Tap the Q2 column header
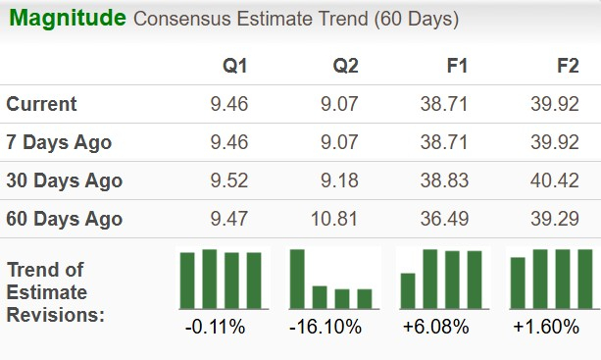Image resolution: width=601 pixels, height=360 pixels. click(x=345, y=66)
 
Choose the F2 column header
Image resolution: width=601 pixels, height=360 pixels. click(x=567, y=66)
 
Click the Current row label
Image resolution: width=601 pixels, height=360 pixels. click(x=41, y=104)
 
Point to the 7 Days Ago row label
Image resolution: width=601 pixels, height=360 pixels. click(x=59, y=142)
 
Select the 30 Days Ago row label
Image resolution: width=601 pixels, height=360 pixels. click(x=64, y=180)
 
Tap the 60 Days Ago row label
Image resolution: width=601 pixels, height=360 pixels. click(x=64, y=219)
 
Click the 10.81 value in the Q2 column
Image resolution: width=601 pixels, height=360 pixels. click(x=335, y=219)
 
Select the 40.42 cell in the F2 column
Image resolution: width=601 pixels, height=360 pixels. click(x=556, y=180)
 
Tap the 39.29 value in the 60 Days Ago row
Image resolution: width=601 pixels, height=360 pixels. click(x=556, y=219)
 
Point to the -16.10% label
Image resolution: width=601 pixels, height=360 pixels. click(x=327, y=327)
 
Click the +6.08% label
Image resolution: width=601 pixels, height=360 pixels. click(x=440, y=327)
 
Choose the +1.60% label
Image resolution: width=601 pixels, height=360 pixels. click(x=549, y=327)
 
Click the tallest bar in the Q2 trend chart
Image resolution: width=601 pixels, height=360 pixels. click(x=297, y=279)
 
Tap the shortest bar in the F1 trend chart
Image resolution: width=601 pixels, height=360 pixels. click(x=408, y=290)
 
